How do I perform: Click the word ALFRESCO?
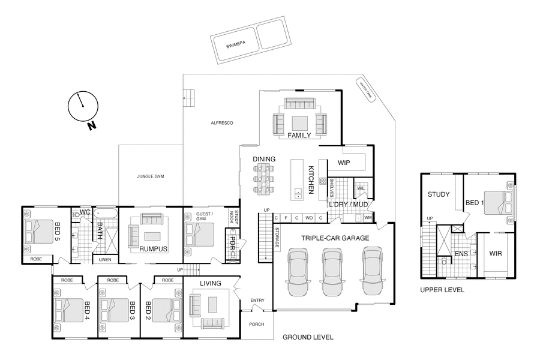[221, 123]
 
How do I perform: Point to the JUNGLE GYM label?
[151, 177]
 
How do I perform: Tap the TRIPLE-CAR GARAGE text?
[335, 238]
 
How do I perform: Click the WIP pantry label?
[344, 162]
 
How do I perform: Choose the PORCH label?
[257, 324]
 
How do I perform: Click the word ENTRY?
[257, 300]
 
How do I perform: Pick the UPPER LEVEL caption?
[442, 290]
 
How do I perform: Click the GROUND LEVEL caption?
[308, 337]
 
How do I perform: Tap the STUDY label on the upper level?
[439, 194]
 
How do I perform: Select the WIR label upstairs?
[495, 253]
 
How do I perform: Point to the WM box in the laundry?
[368, 217]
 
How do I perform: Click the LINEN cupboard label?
[106, 259]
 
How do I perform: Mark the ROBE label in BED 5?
[37, 259]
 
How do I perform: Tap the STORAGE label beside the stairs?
[277, 238]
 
